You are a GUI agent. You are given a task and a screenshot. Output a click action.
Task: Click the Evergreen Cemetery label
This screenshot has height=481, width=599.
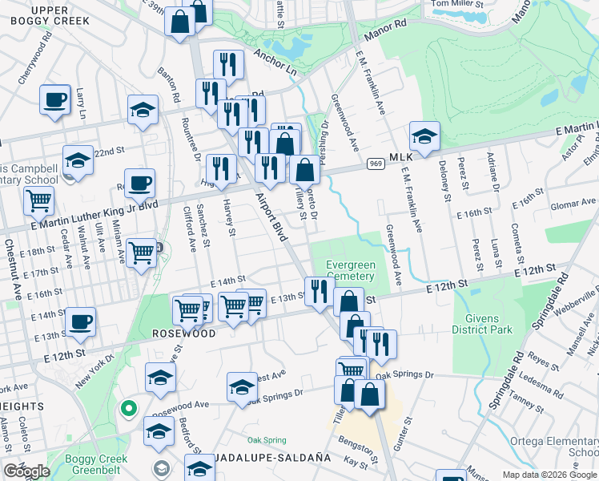click(350, 271)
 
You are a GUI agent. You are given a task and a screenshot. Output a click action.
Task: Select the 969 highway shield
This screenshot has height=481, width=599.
click(375, 164)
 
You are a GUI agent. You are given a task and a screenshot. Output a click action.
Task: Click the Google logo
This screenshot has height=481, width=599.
click(26, 471)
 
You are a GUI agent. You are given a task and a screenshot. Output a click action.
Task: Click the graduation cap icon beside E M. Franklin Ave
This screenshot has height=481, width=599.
click(424, 135)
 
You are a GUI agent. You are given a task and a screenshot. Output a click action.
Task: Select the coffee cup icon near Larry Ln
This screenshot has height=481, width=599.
click(54, 99)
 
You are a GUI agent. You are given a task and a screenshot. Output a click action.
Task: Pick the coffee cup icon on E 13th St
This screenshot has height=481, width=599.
click(81, 322)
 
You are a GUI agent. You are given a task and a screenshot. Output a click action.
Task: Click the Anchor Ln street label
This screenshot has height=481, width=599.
click(275, 63)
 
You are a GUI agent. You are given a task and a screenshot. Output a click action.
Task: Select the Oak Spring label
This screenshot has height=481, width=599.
click(267, 440)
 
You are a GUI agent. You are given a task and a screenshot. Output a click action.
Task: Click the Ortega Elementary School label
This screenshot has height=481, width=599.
click(553, 447)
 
